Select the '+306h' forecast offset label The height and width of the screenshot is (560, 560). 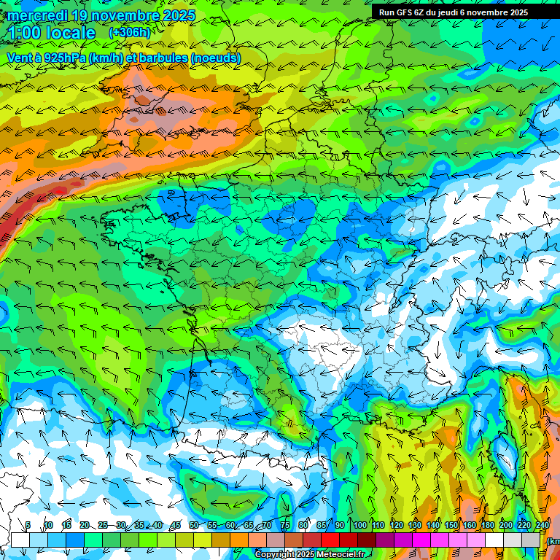[129, 33]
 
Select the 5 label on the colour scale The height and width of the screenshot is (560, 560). [28, 526]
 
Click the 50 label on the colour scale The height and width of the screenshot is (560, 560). [194, 526]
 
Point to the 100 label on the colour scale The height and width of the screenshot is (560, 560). [359, 526]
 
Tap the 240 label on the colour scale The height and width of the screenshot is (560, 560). [542, 526]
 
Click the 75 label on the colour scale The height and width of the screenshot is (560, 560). [285, 526]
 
